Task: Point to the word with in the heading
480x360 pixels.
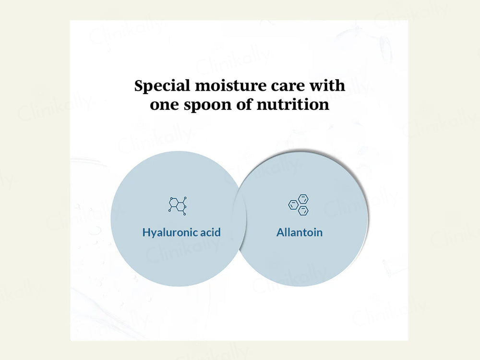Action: [327, 85]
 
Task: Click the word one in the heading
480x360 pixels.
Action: [164, 105]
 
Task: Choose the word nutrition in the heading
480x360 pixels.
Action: [293, 104]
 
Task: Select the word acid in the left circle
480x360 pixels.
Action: [210, 232]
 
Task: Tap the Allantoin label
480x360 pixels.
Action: [300, 232]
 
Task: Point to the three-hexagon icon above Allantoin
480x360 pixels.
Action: [299, 204]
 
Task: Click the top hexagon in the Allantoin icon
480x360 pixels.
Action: [303, 199]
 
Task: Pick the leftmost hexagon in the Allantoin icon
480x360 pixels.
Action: [293, 205]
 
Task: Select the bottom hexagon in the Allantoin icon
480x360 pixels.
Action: [303, 210]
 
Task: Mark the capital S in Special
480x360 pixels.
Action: [139, 85]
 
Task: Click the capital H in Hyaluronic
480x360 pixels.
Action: [146, 232]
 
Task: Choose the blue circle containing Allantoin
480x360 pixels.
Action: [301, 219]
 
